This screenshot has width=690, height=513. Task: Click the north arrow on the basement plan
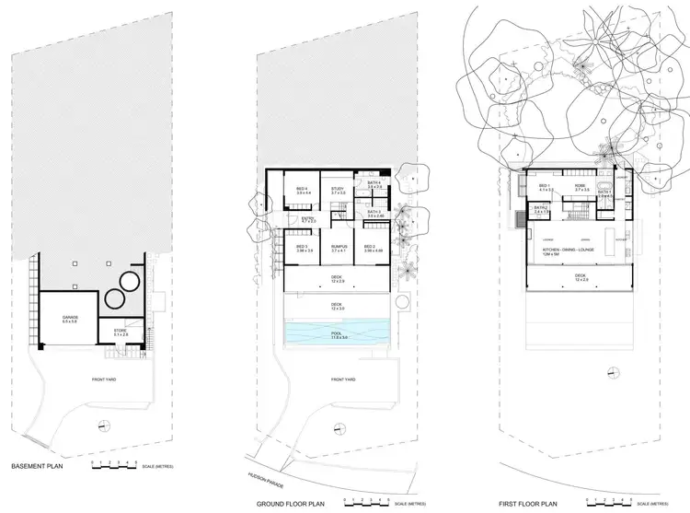tap(101, 426)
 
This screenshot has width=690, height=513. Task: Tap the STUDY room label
tap(337, 190)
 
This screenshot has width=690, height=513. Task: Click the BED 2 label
tap(371, 248)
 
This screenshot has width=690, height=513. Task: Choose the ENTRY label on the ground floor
tap(308, 220)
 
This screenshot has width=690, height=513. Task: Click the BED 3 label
tap(303, 248)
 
